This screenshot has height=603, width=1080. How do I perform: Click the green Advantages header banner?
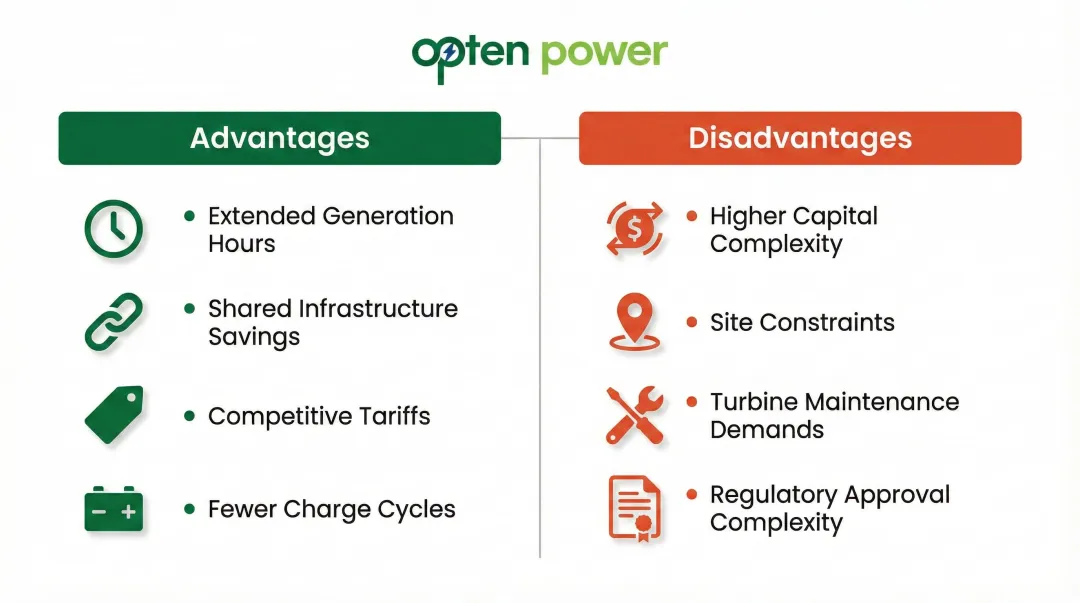[279, 138]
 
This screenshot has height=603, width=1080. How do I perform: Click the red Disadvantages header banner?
[800, 138]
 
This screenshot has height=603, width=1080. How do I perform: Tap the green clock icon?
[112, 230]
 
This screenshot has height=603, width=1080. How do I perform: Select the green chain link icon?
[112, 322]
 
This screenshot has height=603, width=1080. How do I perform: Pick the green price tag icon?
[113, 415]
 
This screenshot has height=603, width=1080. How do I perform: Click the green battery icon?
[113, 509]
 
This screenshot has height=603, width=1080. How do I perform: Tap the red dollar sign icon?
[635, 230]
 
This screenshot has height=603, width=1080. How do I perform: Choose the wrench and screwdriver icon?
[635, 415]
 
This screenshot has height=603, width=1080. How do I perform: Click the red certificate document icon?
[635, 508]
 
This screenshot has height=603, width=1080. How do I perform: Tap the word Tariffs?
[394, 416]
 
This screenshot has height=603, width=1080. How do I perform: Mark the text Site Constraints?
[802, 323]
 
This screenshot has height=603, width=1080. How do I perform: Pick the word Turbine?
[753, 402]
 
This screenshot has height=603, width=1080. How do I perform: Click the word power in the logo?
[604, 53]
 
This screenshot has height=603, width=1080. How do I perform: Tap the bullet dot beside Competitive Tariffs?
[190, 415]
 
